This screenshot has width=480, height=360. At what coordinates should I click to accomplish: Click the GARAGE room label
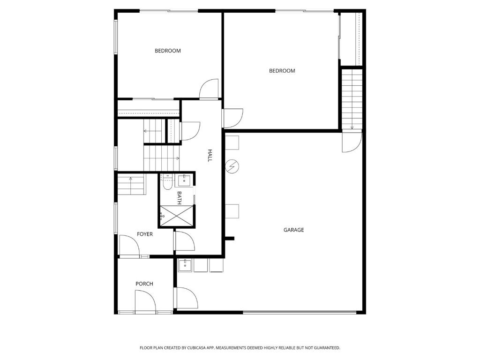click(293, 230)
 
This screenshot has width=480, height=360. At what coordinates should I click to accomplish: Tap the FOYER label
click(145, 234)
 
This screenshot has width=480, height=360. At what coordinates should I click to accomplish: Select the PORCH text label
click(144, 284)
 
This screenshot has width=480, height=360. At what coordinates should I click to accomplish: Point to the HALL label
click(210, 156)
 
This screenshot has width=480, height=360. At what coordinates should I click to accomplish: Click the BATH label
click(179, 198)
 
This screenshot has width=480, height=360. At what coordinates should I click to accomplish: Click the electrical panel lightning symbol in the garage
click(232, 166)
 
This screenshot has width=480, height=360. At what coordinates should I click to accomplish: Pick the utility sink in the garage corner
click(185, 265)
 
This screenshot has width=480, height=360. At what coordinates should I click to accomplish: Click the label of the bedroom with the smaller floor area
click(167, 51)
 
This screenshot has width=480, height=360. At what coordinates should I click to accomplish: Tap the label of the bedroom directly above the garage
click(282, 71)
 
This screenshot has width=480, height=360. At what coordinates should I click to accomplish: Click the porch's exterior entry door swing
click(146, 300)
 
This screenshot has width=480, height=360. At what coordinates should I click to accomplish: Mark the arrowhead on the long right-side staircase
click(352, 128)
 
